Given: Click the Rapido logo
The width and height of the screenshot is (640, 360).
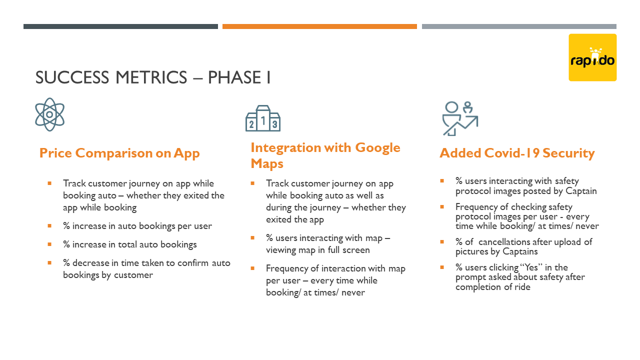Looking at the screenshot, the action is pyautogui.click(x=592, y=57).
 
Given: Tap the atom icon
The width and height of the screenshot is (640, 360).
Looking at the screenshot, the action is pyautogui.click(x=49, y=114).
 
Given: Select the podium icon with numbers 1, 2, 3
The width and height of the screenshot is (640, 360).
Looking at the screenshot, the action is pyautogui.click(x=263, y=118).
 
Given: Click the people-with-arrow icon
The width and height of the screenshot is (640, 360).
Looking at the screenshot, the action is pyautogui.click(x=460, y=118).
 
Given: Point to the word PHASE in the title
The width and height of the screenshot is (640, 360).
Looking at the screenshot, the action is pyautogui.click(x=234, y=77).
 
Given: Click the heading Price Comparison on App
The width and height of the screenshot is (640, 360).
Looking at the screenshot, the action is pyautogui.click(x=119, y=153).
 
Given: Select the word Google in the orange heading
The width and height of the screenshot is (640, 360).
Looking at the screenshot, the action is pyautogui.click(x=377, y=148).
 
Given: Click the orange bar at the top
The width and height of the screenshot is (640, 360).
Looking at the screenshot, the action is pyautogui.click(x=319, y=26).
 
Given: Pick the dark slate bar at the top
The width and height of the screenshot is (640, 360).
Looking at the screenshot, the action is pyautogui.click(x=120, y=26).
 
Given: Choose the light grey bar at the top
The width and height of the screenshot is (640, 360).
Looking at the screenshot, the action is pyautogui.click(x=519, y=26).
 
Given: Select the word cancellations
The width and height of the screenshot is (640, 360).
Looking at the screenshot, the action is pyautogui.click(x=505, y=242).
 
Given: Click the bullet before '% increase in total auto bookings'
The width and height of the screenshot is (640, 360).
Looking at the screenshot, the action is pyautogui.click(x=49, y=244).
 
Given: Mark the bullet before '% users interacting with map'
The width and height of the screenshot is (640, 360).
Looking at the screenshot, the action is pyautogui.click(x=252, y=237).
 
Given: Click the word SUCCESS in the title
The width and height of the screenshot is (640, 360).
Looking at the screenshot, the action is pyautogui.click(x=72, y=77).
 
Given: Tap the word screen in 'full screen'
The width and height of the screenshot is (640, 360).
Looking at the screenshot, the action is pyautogui.click(x=356, y=250).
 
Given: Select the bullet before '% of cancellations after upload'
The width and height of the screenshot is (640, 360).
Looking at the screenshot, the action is pyautogui.click(x=442, y=241).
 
